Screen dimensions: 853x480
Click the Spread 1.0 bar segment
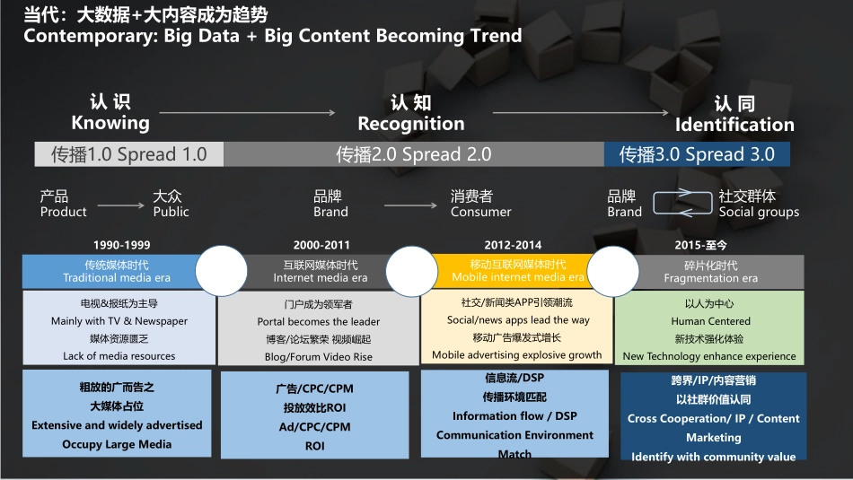click(x=129, y=154)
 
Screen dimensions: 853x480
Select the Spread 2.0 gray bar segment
click(x=413, y=154)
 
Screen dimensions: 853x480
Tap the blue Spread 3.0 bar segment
click(x=697, y=154)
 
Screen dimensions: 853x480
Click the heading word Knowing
click(x=110, y=123)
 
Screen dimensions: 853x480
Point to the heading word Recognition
click(x=411, y=124)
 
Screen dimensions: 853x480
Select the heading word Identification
click(x=734, y=125)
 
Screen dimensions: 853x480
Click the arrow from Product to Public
click(x=121, y=205)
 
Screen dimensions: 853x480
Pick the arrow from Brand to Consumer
click(x=410, y=205)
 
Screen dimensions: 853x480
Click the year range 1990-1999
click(x=122, y=245)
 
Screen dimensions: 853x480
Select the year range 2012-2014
click(x=513, y=245)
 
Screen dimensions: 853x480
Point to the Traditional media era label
click(x=117, y=278)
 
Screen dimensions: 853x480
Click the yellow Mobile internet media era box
click(x=512, y=271)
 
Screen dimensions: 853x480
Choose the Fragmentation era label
click(x=710, y=278)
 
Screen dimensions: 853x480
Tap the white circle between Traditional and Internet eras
click(x=222, y=271)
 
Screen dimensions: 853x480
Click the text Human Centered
click(x=710, y=321)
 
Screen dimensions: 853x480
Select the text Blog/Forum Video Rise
click(x=319, y=357)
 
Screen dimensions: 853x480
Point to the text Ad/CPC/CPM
click(x=315, y=427)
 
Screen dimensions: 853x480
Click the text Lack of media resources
click(x=119, y=356)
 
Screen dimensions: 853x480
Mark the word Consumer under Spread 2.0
click(x=481, y=212)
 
